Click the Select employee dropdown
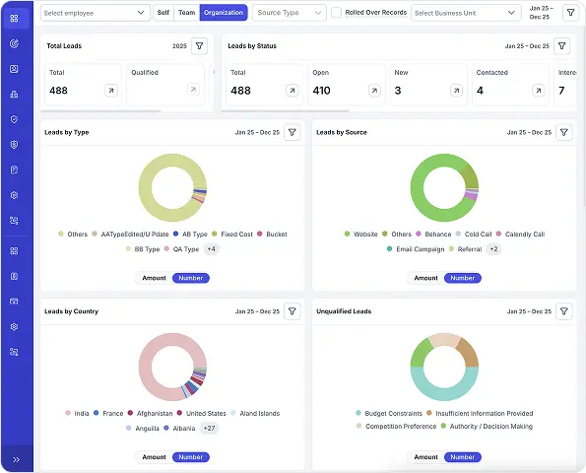(96, 13)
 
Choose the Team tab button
(187, 13)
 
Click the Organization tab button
(224, 13)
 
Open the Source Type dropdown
(289, 13)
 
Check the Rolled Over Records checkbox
(336, 13)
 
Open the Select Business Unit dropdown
(465, 13)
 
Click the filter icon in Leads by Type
(293, 132)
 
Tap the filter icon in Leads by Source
(564, 132)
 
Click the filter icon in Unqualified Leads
(564, 311)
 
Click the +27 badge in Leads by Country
(209, 428)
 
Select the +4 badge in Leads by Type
(211, 249)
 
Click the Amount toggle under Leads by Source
(425, 278)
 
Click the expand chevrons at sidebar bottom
(16, 459)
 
